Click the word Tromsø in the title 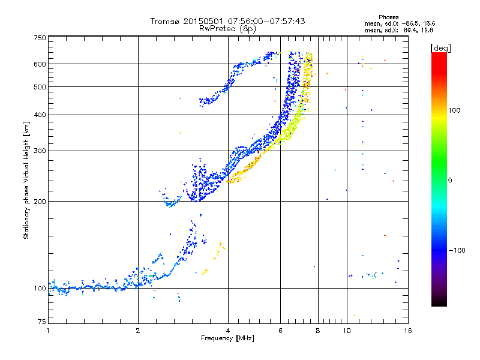[x=164, y=21]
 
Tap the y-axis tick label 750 [x=40, y=37]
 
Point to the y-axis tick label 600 [x=40, y=64]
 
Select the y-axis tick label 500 [x=40, y=86]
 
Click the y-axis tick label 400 [x=40, y=115]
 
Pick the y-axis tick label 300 [x=40, y=151]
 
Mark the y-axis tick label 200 [x=40, y=201]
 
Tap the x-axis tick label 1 [x=48, y=331]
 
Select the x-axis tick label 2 [x=138, y=331]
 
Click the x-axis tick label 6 [x=280, y=331]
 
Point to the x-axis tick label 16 [x=407, y=331]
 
